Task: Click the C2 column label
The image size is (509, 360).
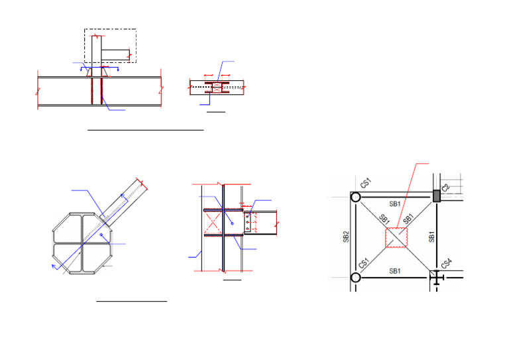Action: (x=445, y=188)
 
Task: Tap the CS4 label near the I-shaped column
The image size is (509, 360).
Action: (x=446, y=263)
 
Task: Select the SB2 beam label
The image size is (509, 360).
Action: (x=346, y=237)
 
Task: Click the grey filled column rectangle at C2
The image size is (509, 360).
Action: (x=437, y=196)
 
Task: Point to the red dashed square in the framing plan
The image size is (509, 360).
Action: (x=396, y=237)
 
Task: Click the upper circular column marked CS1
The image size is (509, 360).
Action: (x=356, y=197)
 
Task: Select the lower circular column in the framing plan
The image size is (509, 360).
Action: (x=356, y=278)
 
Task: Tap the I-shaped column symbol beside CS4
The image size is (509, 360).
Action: (x=437, y=278)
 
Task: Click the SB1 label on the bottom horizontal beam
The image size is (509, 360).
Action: (x=395, y=271)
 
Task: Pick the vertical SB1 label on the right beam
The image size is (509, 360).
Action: (x=431, y=237)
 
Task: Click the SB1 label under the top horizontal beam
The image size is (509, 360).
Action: (x=395, y=204)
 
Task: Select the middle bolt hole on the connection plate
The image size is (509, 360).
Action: (x=247, y=222)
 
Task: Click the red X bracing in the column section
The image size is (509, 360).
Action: (x=213, y=223)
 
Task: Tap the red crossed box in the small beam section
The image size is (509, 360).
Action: (x=217, y=88)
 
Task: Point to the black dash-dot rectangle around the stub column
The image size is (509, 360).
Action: (x=111, y=46)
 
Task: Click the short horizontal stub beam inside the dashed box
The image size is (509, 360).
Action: (x=115, y=55)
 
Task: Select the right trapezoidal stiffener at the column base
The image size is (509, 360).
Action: (x=105, y=72)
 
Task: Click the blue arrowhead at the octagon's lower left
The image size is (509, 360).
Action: (x=54, y=267)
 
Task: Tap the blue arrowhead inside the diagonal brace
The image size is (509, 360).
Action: (x=123, y=196)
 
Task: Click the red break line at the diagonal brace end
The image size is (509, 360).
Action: (x=142, y=184)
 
